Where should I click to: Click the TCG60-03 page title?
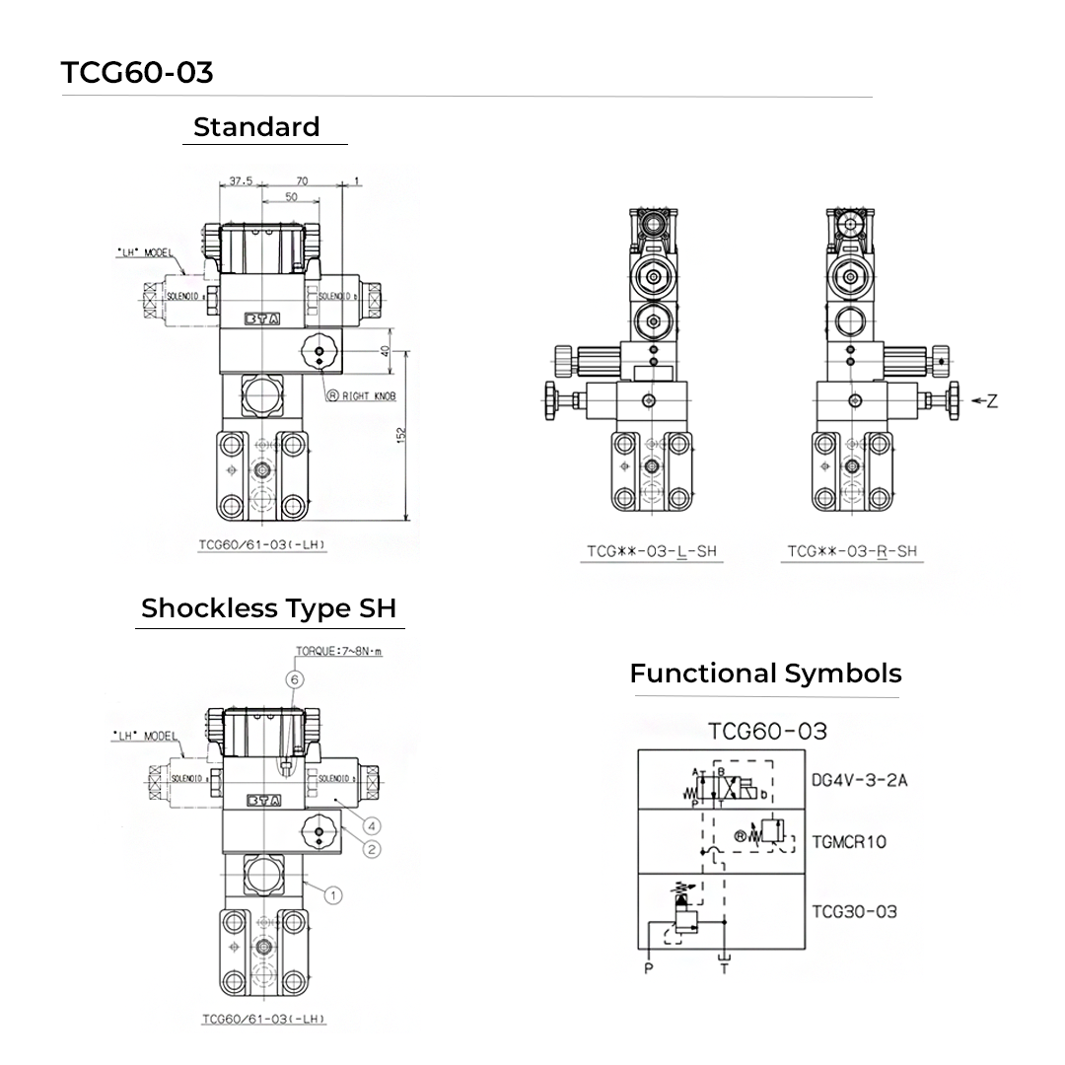pos(137,73)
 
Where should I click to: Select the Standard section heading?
pos(256,127)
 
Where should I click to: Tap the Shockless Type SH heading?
pos(271,608)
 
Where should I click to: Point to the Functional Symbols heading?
pos(765,674)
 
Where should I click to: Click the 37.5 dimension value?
pos(241,180)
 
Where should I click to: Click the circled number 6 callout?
pos(293,678)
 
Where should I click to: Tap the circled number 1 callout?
pos(333,895)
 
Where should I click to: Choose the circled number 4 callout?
pos(372,825)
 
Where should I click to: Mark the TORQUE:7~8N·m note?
pos(338,652)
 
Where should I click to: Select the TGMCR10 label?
pos(849,841)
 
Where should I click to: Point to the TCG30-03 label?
pos(854,911)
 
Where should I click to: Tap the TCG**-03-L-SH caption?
pos(651,551)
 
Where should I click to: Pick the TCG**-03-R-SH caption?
pos(852,551)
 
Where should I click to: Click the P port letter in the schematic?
pos(648,968)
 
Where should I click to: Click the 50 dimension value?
pos(291,196)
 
